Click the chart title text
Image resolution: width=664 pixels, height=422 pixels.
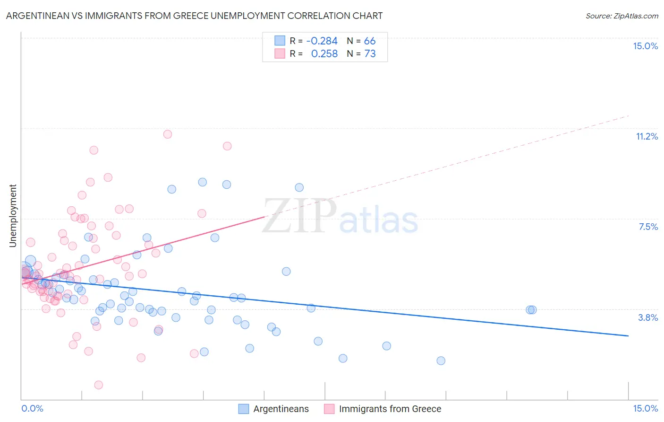click(194, 16)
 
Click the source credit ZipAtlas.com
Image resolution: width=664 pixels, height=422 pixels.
click(621, 16)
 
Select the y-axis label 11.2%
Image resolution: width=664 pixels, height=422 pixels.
click(647, 137)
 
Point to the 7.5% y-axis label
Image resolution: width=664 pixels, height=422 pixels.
click(648, 227)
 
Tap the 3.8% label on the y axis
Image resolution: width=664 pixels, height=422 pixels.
click(648, 318)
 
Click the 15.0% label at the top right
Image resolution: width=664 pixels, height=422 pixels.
click(645, 46)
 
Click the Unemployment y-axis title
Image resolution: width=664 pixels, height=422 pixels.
click(13, 216)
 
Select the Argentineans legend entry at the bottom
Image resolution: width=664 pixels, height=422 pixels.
click(274, 409)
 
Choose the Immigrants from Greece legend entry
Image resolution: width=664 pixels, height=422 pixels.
click(383, 409)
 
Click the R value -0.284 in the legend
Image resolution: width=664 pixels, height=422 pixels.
click(322, 41)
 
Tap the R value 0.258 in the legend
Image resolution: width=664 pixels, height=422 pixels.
click(324, 54)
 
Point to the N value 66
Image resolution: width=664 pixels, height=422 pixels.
click(370, 41)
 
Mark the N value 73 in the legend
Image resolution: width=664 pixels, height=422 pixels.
click(370, 54)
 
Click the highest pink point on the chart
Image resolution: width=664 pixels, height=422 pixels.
click(168, 134)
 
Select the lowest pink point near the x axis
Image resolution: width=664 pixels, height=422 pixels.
click(99, 385)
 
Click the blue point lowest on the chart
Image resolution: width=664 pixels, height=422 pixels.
click(441, 361)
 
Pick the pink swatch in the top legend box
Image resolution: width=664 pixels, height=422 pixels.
click(280, 54)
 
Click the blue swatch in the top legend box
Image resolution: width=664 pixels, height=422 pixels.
click(280, 41)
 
